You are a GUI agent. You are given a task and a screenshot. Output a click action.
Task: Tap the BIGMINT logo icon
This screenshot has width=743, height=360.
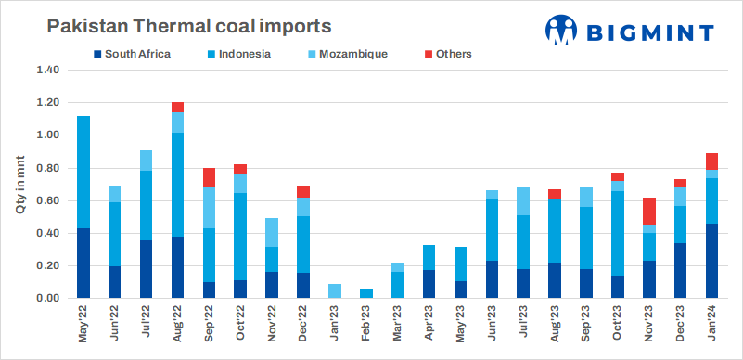click(562, 30)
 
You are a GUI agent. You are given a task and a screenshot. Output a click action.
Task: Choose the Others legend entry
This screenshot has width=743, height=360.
click(452, 54)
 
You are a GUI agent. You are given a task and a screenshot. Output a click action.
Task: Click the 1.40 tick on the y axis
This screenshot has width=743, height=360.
click(46, 71)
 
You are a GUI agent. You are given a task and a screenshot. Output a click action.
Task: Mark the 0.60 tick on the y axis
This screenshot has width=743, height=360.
click(46, 200)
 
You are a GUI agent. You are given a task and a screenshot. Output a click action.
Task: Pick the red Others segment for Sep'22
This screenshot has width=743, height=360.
click(210, 177)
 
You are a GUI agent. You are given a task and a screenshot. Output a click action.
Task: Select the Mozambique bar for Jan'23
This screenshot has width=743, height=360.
click(335, 291)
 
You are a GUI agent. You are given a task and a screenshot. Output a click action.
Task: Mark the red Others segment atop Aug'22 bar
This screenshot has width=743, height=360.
click(178, 107)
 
